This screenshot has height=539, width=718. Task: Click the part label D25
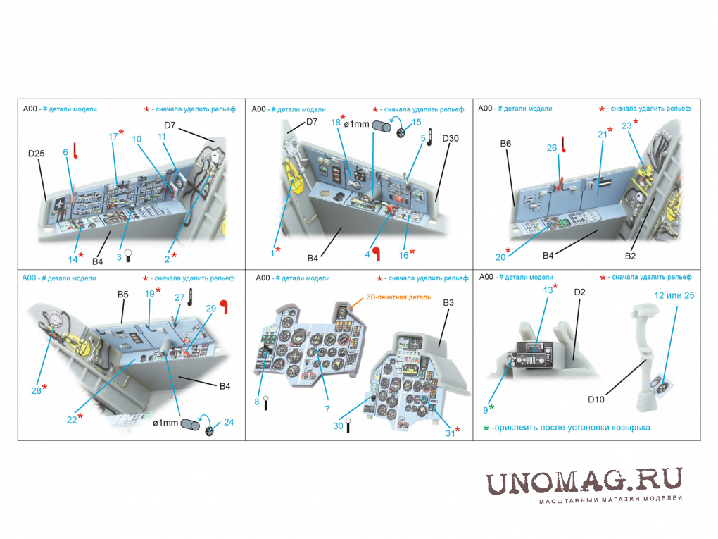click(x=36, y=154)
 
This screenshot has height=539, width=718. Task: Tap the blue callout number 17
click(x=113, y=137)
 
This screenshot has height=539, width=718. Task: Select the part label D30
click(x=451, y=138)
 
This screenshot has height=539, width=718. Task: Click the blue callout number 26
click(x=552, y=147)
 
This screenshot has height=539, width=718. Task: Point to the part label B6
click(x=505, y=144)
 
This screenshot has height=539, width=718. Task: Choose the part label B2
click(x=630, y=256)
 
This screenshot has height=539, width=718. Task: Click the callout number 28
click(x=36, y=390)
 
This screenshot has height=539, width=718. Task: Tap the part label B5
click(x=122, y=295)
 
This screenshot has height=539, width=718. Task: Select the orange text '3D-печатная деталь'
click(x=398, y=297)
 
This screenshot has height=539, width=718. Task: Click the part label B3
click(x=448, y=302)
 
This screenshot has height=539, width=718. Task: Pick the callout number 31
click(x=450, y=433)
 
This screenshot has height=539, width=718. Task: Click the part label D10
click(x=596, y=399)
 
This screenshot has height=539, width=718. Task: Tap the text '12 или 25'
click(x=674, y=296)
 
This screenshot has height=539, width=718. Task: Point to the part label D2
click(x=580, y=292)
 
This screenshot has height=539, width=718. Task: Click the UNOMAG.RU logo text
click(x=584, y=481)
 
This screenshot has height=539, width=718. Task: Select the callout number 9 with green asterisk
click(x=486, y=410)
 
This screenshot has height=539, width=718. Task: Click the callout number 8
click(x=257, y=402)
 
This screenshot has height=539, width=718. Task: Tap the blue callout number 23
click(x=626, y=125)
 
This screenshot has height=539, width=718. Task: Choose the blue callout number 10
click(x=137, y=139)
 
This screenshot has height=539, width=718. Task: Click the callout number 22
click(x=72, y=420)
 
